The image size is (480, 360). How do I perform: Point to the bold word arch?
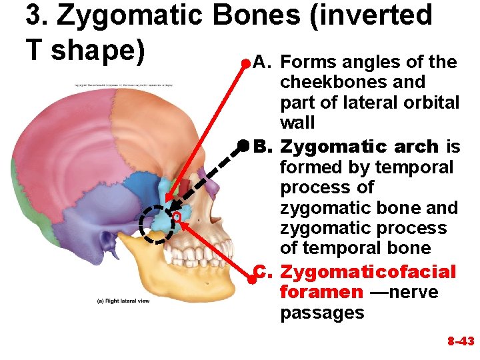(416, 146)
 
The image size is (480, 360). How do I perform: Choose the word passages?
(322, 313)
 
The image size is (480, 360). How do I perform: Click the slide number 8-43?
(460, 341)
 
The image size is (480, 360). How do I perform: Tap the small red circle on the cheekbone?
(177, 217)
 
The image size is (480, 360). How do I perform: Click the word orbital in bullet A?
(435, 103)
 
